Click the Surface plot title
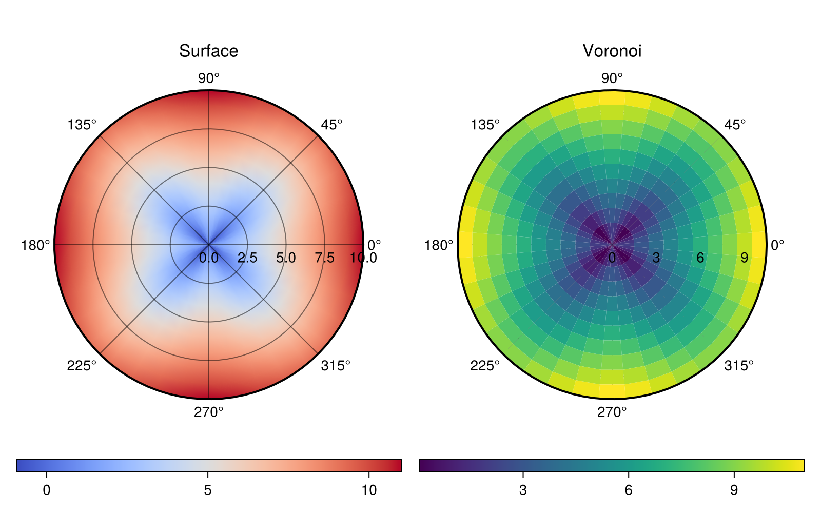click(208, 51)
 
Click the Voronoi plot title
click(612, 51)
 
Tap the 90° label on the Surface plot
click(208, 78)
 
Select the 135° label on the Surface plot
click(82, 125)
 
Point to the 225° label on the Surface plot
click(82, 366)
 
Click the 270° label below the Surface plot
click(208, 412)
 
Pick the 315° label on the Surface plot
click(336, 366)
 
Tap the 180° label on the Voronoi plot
click(439, 246)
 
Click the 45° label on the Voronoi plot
click(735, 125)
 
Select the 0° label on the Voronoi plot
click(777, 246)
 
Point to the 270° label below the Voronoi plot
click(612, 412)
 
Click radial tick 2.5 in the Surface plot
click(247, 258)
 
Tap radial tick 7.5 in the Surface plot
click(324, 258)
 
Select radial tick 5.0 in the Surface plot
click(286, 258)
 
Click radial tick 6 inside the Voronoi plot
click(700, 258)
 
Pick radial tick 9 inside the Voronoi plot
click(744, 258)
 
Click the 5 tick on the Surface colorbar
click(208, 490)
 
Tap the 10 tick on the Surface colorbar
click(368, 490)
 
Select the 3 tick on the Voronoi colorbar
click(523, 490)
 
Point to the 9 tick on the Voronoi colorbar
click(734, 490)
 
